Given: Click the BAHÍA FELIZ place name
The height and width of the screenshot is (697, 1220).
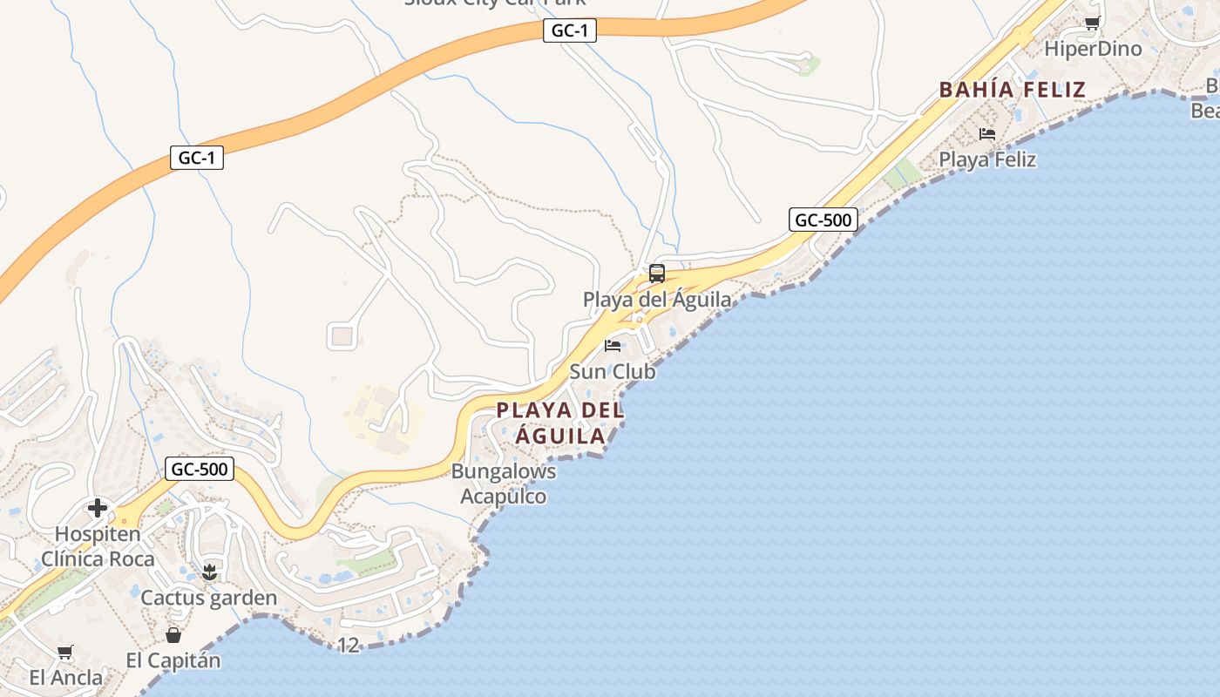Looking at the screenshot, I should [x=1012, y=89].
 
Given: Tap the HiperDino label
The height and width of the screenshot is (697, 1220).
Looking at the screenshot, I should [x=1093, y=49].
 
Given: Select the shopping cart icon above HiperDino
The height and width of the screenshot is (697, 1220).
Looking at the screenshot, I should [x=1092, y=23].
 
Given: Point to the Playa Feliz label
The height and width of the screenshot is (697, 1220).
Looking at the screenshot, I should [x=987, y=159].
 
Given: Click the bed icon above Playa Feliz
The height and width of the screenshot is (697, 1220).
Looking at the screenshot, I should [x=987, y=134].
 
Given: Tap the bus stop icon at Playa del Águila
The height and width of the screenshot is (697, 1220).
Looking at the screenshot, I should [x=657, y=274].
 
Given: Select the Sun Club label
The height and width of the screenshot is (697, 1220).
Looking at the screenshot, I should [x=613, y=371].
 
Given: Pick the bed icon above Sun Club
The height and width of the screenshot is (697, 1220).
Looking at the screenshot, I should [x=613, y=346].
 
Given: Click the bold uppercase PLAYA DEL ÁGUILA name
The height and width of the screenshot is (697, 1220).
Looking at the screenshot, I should [x=560, y=423].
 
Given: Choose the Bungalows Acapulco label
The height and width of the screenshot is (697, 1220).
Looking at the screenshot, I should [x=504, y=484].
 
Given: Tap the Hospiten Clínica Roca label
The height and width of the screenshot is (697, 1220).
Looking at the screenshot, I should [x=98, y=546].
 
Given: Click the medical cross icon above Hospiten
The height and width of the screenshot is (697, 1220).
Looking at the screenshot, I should [x=98, y=508].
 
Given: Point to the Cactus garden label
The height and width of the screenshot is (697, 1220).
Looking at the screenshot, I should [x=209, y=598].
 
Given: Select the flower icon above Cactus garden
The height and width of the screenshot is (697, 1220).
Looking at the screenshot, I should [x=209, y=572].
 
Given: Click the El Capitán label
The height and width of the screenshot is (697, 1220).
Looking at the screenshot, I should [x=173, y=660].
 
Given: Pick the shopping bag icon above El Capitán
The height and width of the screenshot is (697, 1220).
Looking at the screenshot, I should [x=173, y=634].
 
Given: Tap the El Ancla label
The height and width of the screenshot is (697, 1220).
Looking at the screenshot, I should [x=65, y=677].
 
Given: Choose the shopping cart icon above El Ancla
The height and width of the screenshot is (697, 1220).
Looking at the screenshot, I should [x=65, y=652].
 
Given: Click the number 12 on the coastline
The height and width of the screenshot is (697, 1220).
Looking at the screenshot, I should [x=348, y=646].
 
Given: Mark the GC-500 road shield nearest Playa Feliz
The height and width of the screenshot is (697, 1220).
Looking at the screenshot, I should [x=823, y=220].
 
